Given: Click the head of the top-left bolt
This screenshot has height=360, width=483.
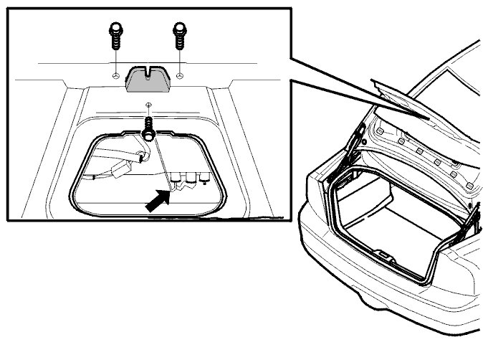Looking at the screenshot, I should pos(114,30).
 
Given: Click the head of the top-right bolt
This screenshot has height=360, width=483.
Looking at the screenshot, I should pos(178,30).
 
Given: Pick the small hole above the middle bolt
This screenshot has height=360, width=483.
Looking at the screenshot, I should pos(147,105).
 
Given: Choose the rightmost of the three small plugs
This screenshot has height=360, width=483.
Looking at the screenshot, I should pos(205,176).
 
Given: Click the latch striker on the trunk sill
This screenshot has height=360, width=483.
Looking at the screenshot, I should pos(385,255).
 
